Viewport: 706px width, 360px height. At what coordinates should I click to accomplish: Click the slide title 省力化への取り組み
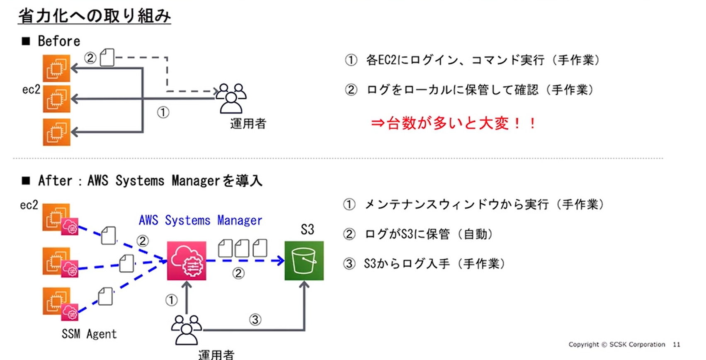[94, 16]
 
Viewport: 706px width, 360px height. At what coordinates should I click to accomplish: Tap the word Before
[59, 41]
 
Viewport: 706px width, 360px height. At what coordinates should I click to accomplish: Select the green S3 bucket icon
[304, 261]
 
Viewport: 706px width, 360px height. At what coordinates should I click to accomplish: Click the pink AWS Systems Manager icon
[187, 261]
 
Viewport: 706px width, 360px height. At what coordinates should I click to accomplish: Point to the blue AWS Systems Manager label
[200, 220]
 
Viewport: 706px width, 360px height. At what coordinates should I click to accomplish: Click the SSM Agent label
[89, 334]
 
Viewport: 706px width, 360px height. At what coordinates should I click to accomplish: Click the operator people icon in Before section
[231, 98]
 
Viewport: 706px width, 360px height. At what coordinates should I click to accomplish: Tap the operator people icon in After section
[187, 330]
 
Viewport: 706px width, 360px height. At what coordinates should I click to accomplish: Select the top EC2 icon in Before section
[56, 68]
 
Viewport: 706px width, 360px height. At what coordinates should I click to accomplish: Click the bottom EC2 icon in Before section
[56, 132]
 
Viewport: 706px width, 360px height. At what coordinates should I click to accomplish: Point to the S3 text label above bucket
[307, 229]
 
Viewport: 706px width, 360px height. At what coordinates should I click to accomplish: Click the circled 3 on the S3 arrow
[255, 320]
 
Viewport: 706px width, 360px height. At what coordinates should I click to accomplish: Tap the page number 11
[677, 344]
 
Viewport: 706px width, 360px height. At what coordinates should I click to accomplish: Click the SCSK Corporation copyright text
[616, 344]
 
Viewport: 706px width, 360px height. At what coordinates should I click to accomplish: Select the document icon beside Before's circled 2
[107, 58]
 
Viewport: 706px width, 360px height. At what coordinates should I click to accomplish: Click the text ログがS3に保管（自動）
[428, 234]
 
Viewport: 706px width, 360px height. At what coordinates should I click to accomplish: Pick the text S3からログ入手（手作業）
[434, 264]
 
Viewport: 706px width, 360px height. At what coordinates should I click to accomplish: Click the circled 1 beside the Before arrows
[163, 112]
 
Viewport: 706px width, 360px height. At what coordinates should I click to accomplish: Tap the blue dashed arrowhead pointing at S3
[280, 260]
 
